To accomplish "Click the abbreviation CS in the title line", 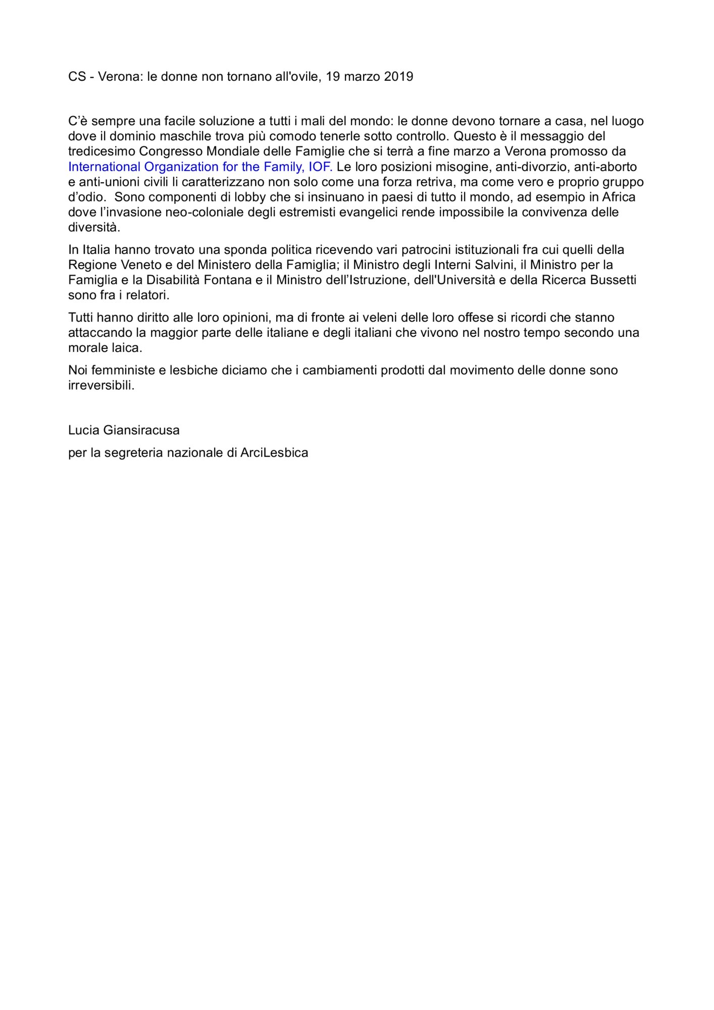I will (x=77, y=76).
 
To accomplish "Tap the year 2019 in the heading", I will (x=398, y=76).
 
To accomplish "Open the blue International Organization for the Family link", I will (x=200, y=167).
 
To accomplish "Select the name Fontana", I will (x=228, y=280).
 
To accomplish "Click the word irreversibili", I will (x=101, y=385).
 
